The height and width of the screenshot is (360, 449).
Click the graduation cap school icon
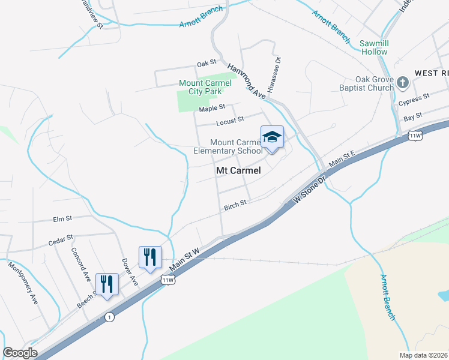[x=272, y=137]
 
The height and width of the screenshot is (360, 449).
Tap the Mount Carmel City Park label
[x=200, y=88]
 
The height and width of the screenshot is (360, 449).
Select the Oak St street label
[x=206, y=64]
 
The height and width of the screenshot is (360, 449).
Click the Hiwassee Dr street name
[x=278, y=74]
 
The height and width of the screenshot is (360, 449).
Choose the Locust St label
[x=230, y=121]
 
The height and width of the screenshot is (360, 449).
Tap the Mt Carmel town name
[x=238, y=170]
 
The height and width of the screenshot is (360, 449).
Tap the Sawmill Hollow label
[x=373, y=47]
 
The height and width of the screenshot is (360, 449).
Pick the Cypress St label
[x=418, y=97]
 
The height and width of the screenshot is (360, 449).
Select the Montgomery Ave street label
[x=22, y=282]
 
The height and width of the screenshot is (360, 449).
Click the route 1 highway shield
[x=109, y=317]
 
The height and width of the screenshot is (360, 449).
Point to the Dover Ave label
[x=130, y=272]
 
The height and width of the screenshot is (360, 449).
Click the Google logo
[x=20, y=353]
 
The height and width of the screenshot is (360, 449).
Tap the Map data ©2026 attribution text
[x=423, y=355]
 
